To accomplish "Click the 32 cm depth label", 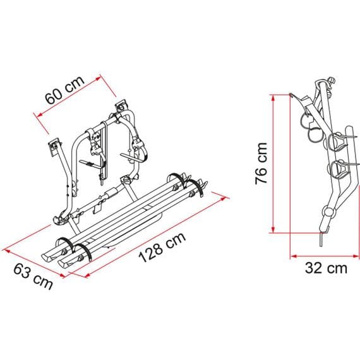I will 325,268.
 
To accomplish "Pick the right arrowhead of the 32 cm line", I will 356,256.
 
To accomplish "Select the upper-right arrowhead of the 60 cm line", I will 99,78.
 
